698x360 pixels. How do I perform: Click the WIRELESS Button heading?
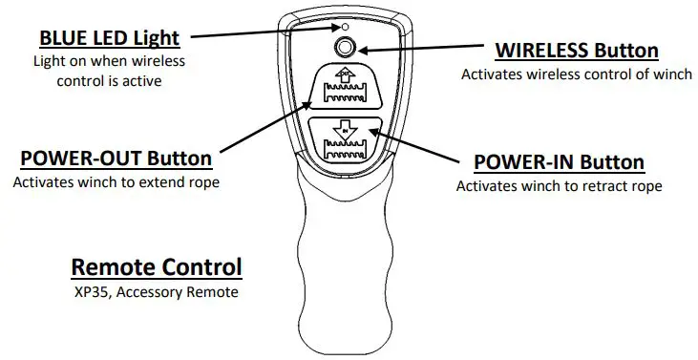[576, 51]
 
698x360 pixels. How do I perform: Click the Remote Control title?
[157, 266]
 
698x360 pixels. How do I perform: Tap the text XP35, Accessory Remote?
[157, 291]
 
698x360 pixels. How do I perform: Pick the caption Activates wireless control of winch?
[576, 74]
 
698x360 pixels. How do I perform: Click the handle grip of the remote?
[347, 267]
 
